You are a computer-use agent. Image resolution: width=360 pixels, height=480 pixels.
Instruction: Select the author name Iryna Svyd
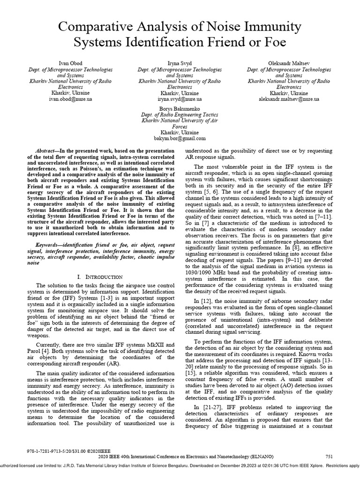point(180,63)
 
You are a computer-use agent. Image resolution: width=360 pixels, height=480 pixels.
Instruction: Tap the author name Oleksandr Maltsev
point(289,63)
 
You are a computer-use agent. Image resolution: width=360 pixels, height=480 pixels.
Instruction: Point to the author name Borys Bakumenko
point(180,108)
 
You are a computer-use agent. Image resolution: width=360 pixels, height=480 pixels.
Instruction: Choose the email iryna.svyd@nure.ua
point(180,99)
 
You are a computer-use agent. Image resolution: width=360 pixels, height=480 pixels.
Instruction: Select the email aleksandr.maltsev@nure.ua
point(289,99)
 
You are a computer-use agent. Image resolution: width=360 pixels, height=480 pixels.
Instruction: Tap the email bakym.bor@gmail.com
point(180,139)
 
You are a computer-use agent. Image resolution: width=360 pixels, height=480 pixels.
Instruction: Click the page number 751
point(330,457)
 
